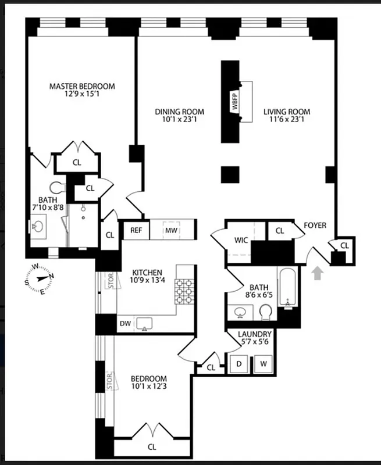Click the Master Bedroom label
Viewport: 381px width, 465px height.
[x=82, y=87]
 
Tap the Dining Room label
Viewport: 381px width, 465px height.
[x=179, y=112]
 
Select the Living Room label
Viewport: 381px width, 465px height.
[x=287, y=112]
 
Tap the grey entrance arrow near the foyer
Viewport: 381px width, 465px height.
[x=317, y=273]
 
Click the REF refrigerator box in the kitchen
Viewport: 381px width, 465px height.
[x=136, y=230]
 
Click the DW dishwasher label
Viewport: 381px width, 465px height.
[x=125, y=324]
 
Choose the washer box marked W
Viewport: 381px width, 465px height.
[x=263, y=364]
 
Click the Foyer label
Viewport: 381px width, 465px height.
[x=315, y=226]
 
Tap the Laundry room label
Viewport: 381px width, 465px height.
[x=255, y=334]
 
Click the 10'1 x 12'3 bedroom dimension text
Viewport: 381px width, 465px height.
[x=149, y=387]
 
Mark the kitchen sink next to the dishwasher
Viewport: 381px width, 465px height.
[x=144, y=323]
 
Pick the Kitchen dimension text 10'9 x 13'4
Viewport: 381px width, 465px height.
[x=147, y=281]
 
